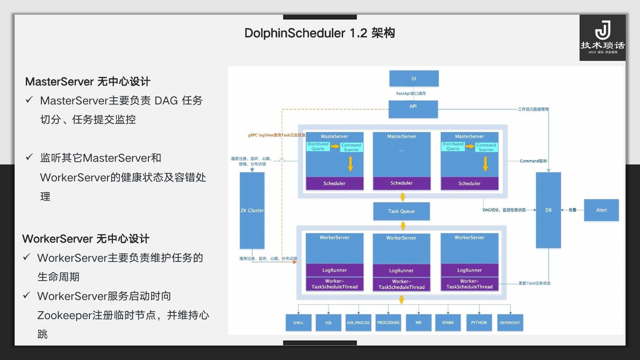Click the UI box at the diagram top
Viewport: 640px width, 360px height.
point(414,78)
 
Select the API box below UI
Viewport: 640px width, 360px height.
point(413,109)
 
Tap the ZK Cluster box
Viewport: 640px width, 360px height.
point(252,210)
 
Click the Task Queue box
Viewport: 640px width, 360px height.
point(401,211)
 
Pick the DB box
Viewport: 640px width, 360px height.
point(548,210)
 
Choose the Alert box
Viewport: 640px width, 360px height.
point(601,210)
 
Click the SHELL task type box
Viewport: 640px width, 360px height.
point(298,323)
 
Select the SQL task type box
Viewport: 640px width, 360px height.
point(328,323)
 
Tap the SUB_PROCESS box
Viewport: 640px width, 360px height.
point(358,323)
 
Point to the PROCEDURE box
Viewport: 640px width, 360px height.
point(388,323)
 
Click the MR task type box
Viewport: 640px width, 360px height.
point(418,323)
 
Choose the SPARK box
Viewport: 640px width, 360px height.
point(448,323)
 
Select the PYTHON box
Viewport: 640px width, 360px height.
point(479,323)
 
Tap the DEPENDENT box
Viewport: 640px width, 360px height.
point(510,323)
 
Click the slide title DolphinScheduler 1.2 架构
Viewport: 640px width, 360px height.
point(320,33)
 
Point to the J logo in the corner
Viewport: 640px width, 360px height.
point(602,31)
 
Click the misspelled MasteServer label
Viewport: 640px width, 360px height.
point(334,136)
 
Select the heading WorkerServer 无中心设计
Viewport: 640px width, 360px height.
point(86,239)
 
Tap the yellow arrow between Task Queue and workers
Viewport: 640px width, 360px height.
point(403,226)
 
